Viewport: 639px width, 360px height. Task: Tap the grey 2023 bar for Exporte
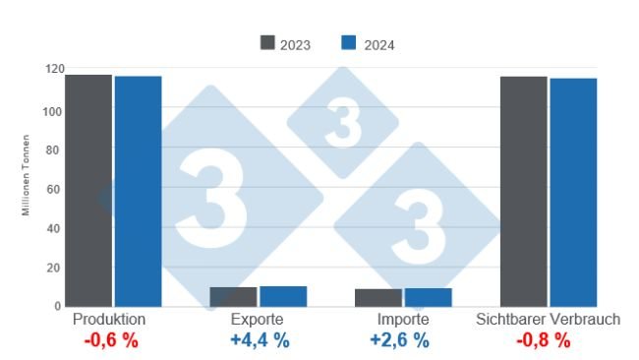pos(233,297)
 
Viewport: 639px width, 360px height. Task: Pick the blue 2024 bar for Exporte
pos(283,296)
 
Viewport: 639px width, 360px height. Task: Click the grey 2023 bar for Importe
pos(378,298)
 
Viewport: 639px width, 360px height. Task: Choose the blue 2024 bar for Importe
pos(428,297)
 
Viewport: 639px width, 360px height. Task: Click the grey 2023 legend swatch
pos(268,43)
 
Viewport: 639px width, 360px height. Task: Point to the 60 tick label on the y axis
pos(55,189)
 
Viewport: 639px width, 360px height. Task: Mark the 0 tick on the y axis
pos(58,306)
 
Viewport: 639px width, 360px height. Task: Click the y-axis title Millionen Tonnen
pos(27,187)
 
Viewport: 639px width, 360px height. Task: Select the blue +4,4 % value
pos(260,341)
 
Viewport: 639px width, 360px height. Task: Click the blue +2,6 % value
pos(399,341)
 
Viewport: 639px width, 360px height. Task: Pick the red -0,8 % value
pos(543,341)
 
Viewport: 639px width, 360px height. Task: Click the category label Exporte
pos(259,321)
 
